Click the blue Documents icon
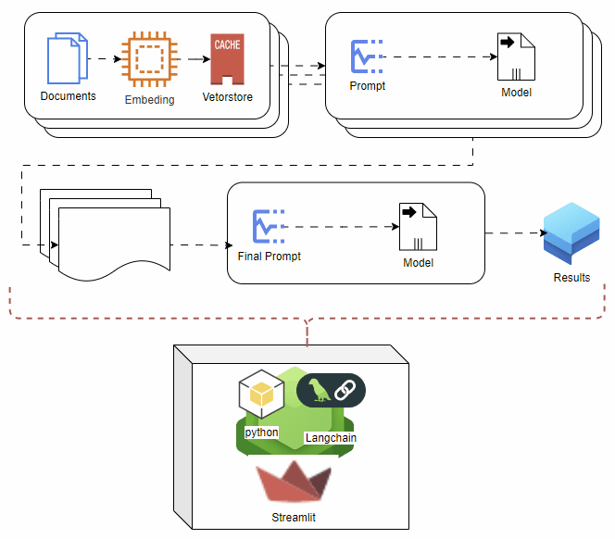68,58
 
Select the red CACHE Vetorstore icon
227,59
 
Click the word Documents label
68,96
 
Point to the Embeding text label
149,99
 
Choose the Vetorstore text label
227,96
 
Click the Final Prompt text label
270,257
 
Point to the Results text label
571,277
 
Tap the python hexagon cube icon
261,396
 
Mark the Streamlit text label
294,517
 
